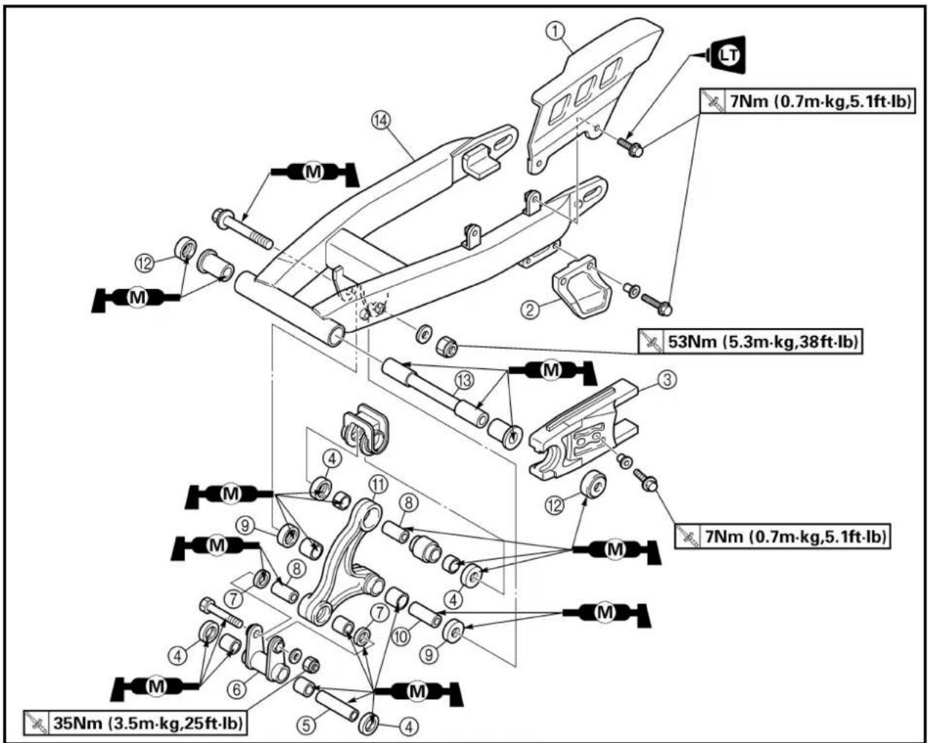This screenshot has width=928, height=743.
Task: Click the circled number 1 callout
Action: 556,31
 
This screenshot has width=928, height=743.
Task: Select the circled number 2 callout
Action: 531,310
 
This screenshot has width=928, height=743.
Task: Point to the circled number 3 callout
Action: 667,380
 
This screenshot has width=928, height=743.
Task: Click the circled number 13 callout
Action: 465,380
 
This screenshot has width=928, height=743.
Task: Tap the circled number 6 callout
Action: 236,689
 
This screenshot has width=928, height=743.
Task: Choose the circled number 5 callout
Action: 306,725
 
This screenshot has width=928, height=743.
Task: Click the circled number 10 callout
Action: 401,637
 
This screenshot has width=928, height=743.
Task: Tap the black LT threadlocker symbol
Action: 728,55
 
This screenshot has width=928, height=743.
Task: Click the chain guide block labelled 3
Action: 582,429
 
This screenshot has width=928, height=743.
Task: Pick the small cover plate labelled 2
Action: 582,286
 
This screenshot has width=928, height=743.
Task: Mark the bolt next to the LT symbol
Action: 630,146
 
